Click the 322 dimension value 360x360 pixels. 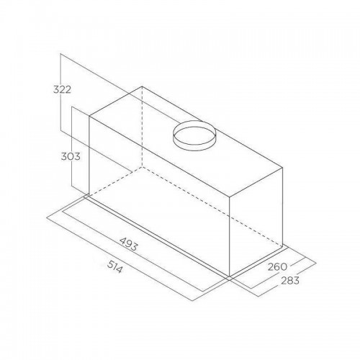[62, 89]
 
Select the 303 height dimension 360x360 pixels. [71, 156]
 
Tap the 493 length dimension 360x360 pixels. [129, 244]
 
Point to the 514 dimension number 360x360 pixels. [114, 266]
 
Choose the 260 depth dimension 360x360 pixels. [277, 266]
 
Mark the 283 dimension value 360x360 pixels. [290, 280]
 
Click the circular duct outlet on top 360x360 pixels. [194, 135]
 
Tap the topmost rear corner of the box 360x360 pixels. [142, 86]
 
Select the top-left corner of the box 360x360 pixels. [89, 117]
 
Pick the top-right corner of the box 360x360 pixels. [282, 168]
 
